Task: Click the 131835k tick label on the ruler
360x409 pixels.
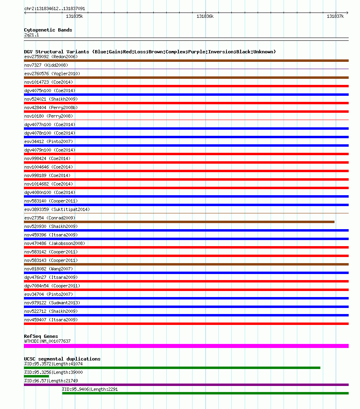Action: click(74, 16)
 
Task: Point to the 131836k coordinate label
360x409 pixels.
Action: click(205, 16)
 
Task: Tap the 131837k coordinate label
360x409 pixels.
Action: click(335, 16)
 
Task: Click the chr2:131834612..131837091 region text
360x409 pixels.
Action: click(55, 8)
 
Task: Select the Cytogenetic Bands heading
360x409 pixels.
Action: click(48, 30)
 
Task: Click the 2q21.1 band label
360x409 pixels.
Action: click(32, 35)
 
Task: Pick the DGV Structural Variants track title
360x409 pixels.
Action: click(150, 52)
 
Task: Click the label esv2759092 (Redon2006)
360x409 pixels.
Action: click(51, 57)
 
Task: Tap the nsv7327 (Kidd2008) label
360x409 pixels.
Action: click(46, 65)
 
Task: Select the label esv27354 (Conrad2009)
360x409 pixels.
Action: click(50, 218)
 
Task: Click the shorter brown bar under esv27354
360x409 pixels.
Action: click(179, 222)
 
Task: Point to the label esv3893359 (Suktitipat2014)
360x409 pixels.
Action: click(57, 209)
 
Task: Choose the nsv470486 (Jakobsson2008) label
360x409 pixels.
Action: click(55, 243)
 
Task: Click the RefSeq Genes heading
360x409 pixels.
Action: click(41, 336)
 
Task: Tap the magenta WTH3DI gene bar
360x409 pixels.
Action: click(186, 346)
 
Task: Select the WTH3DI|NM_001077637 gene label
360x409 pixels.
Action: click(47, 341)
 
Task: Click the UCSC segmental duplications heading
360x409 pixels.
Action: click(62, 359)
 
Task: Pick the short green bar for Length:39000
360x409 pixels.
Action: click(36, 376)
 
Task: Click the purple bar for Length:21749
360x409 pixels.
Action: click(186, 385)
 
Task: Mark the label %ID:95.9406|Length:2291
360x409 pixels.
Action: click(90, 389)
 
